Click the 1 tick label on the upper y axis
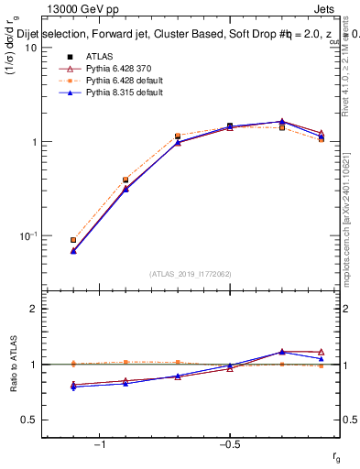pos(32,142)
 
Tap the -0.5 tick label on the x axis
pos(229,444)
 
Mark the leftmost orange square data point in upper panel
pos(73,240)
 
